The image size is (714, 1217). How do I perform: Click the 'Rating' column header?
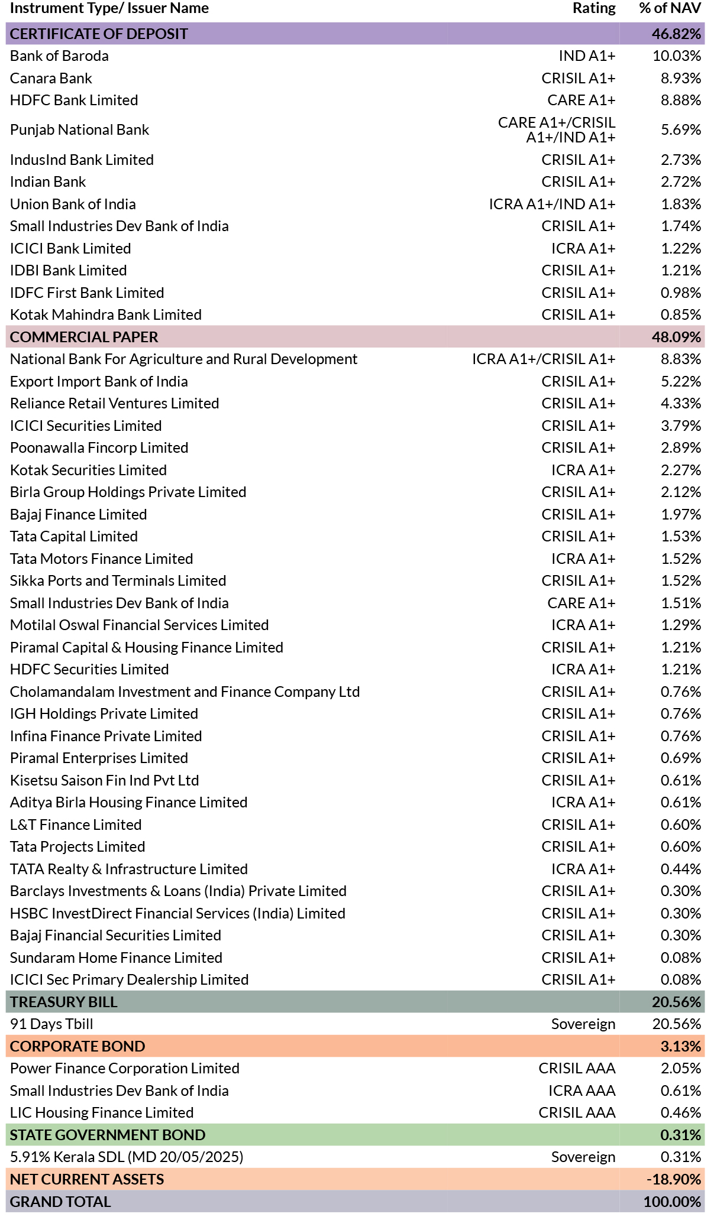tap(594, 8)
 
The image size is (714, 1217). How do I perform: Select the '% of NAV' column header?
tap(670, 8)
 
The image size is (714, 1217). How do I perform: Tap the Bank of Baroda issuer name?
tap(59, 56)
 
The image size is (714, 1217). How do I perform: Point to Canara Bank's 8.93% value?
tap(681, 79)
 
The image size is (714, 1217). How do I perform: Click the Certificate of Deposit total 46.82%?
tap(676, 34)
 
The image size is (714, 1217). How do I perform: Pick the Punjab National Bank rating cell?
tap(557, 130)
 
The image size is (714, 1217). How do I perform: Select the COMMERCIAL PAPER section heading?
tap(84, 337)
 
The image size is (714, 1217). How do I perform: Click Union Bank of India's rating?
tap(552, 205)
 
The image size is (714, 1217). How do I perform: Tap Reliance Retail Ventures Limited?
tap(115, 404)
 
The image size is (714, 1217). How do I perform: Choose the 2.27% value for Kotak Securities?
tap(681, 470)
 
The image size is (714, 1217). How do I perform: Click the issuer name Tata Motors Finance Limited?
tap(102, 559)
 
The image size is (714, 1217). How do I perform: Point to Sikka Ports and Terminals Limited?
tap(118, 581)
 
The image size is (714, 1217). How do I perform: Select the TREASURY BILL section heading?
tap(64, 1002)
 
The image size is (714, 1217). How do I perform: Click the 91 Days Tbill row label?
tap(51, 1024)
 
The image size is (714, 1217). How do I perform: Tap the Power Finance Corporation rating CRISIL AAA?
tap(577, 1069)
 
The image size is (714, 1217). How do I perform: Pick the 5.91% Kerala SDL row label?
tap(127, 1157)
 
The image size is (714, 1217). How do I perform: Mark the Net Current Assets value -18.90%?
tap(674, 1180)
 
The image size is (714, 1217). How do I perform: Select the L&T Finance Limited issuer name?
tap(76, 825)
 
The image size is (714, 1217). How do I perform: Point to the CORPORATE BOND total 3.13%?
tap(681, 1047)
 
